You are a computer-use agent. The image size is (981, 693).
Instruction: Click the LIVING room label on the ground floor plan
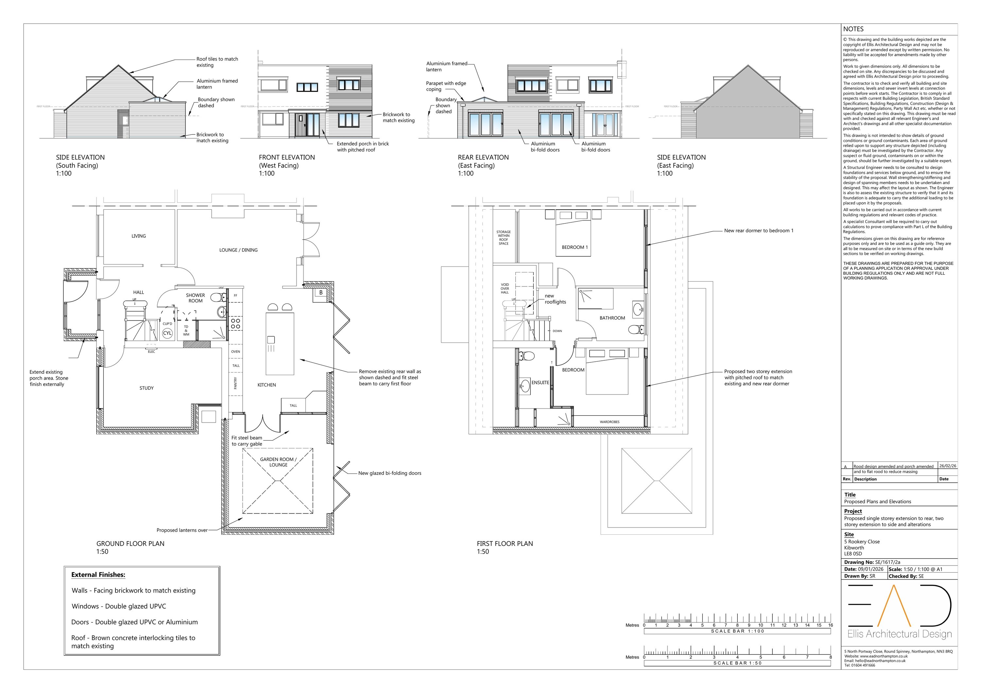(x=138, y=236)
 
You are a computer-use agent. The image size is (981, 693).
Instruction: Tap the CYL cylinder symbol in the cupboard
(x=167, y=333)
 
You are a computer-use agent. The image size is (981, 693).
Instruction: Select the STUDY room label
(x=146, y=388)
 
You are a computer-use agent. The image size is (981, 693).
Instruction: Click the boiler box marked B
(x=321, y=293)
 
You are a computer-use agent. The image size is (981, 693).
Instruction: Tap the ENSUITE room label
(x=541, y=382)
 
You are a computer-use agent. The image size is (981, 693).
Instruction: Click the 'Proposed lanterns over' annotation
(x=182, y=530)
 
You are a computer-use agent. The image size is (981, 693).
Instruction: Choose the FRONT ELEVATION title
(x=287, y=157)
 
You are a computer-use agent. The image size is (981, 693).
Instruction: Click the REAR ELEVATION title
(x=483, y=157)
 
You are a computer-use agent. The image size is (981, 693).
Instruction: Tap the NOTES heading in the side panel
(x=853, y=29)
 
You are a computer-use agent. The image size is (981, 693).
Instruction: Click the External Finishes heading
(x=98, y=575)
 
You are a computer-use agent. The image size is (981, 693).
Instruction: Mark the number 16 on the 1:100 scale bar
(x=831, y=625)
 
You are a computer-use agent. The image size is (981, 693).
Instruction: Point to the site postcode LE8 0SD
(x=853, y=554)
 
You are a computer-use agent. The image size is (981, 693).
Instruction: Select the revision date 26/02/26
(x=948, y=466)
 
